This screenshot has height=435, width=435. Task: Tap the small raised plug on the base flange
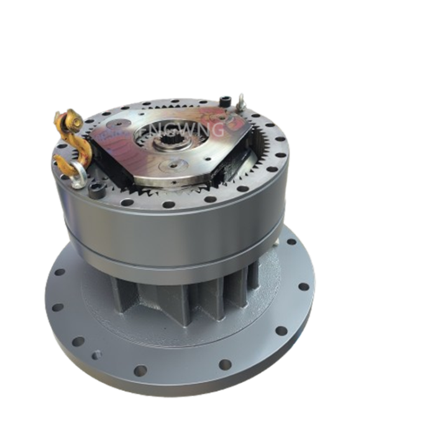point(94,355)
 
